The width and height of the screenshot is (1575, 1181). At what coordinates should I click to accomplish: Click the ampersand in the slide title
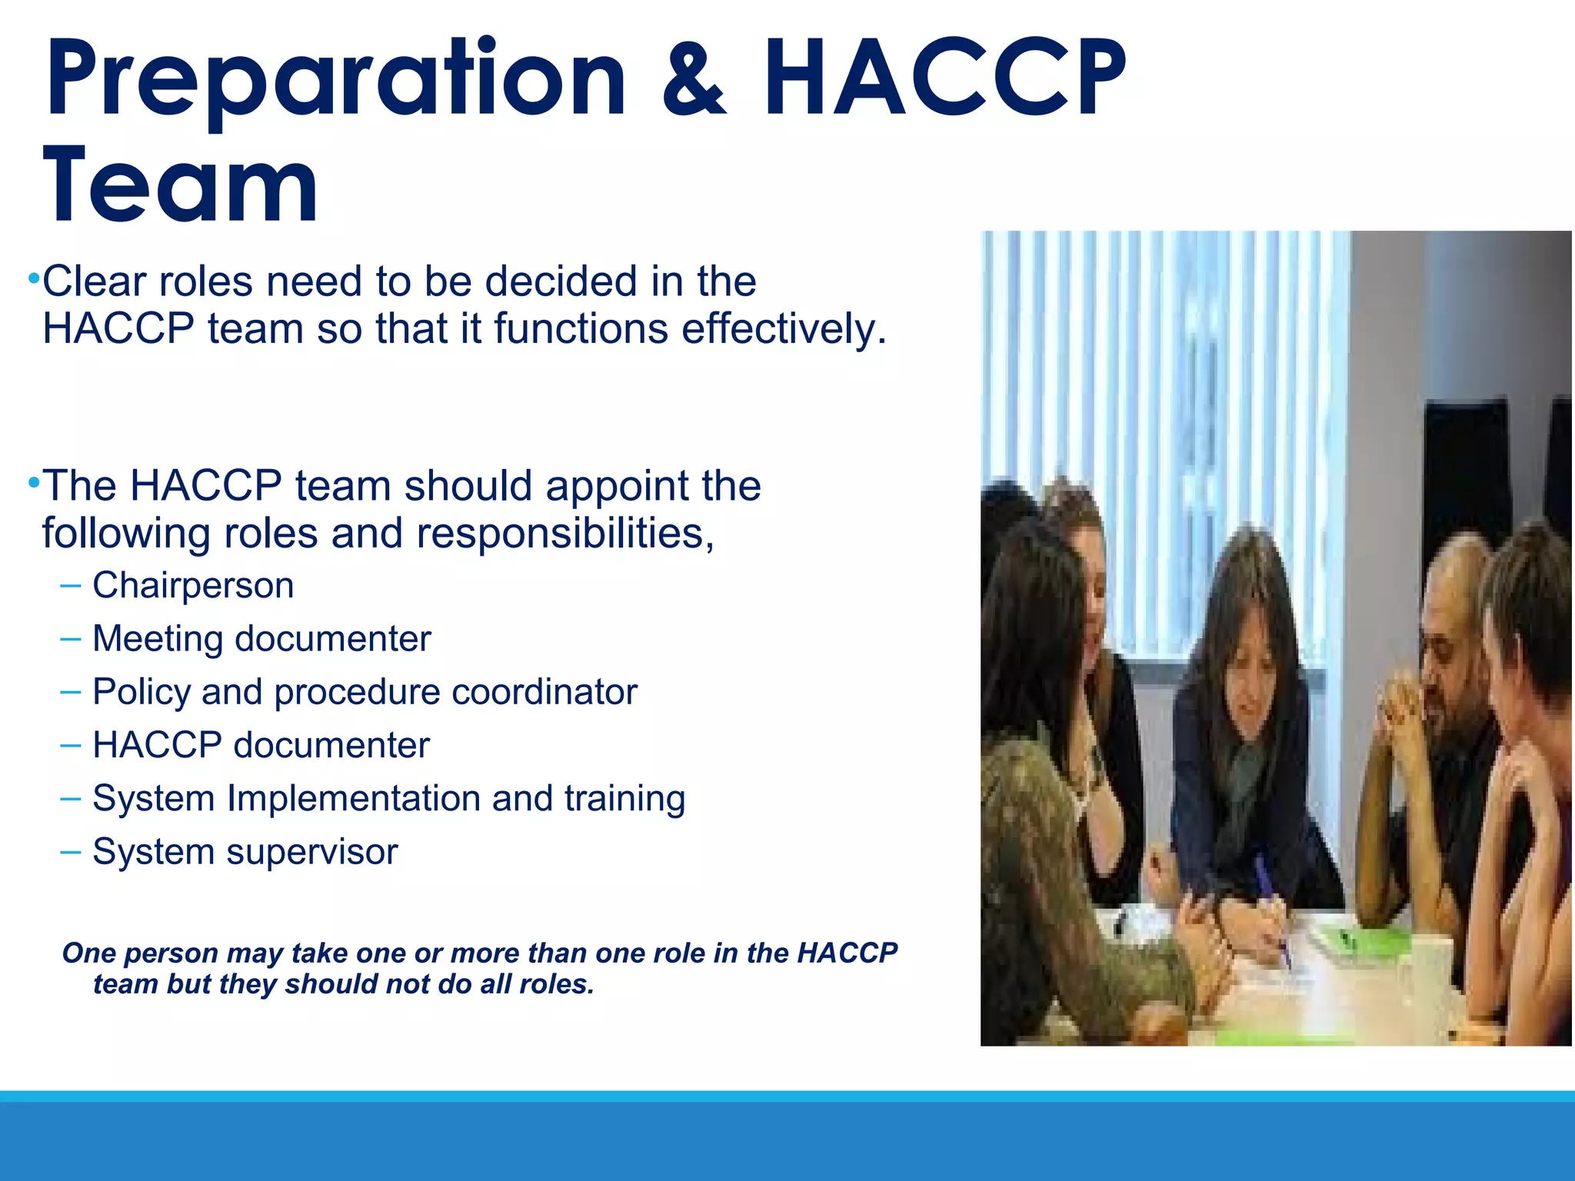click(694, 81)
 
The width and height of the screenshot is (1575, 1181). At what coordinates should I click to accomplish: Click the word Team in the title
click(181, 187)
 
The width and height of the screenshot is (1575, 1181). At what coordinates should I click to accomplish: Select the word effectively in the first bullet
click(784, 329)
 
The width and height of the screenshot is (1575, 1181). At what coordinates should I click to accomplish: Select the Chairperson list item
click(193, 586)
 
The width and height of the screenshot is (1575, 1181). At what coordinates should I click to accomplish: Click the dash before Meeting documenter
click(70, 639)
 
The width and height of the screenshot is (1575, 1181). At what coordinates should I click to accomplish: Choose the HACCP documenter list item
click(261, 745)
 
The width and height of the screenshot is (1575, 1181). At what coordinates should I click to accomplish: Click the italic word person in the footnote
click(171, 953)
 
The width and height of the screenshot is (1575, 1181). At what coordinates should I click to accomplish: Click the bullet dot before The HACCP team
click(33, 484)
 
